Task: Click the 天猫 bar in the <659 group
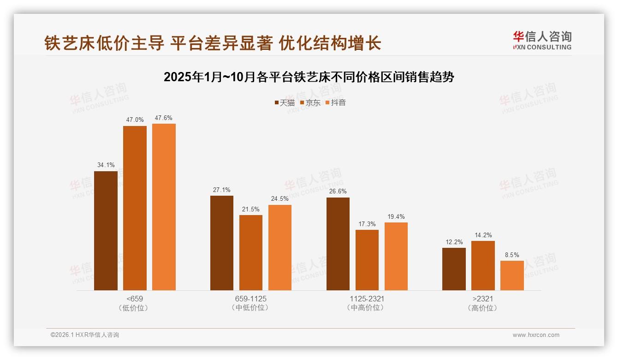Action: coord(106,231)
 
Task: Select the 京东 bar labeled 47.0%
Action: coord(135,208)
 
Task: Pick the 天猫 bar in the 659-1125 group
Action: coord(222,243)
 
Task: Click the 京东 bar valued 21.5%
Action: coord(251,252)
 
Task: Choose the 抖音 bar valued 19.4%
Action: coord(396,256)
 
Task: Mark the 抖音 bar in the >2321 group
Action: coord(512,276)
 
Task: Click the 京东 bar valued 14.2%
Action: coord(483,265)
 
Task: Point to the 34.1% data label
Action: coord(106,165)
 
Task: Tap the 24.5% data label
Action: coord(280,198)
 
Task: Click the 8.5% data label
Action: coord(512,255)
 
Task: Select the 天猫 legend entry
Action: coord(284,103)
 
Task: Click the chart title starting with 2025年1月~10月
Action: coord(309,77)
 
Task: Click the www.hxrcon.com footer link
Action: coord(536,335)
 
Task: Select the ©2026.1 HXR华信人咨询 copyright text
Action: coord(85,335)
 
